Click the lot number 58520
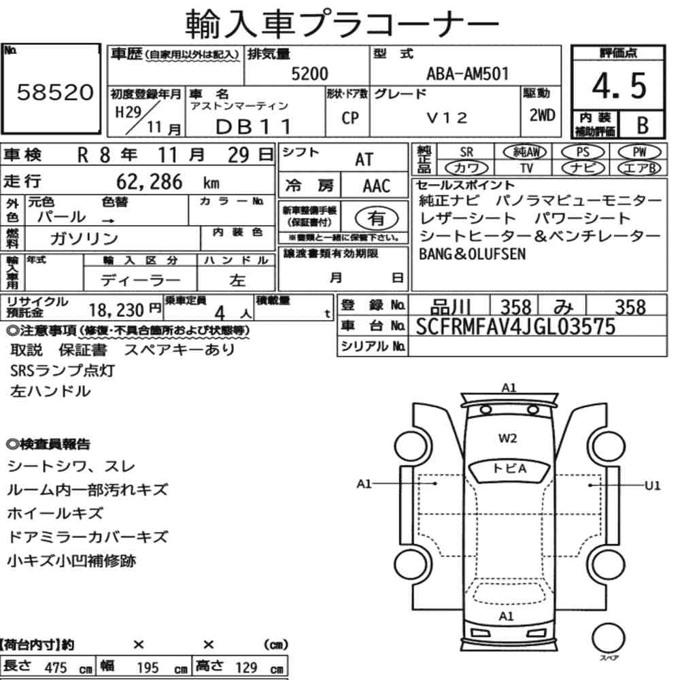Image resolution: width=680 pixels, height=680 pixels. pyautogui.click(x=55, y=92)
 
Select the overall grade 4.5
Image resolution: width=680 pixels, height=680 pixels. pyautogui.click(x=619, y=86)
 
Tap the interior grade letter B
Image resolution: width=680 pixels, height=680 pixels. pyautogui.click(x=643, y=125)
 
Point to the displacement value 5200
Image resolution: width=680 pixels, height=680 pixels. pyautogui.click(x=309, y=73)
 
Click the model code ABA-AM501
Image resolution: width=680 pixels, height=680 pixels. pyautogui.click(x=467, y=73)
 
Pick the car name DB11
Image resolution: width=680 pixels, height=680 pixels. pyautogui.click(x=254, y=126)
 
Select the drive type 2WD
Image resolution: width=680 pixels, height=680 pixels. pyautogui.click(x=542, y=115)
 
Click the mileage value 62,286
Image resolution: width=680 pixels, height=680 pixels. pyautogui.click(x=150, y=182)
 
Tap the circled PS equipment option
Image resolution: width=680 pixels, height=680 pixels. pyautogui.click(x=583, y=152)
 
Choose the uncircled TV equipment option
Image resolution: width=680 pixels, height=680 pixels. pyautogui.click(x=526, y=168)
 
